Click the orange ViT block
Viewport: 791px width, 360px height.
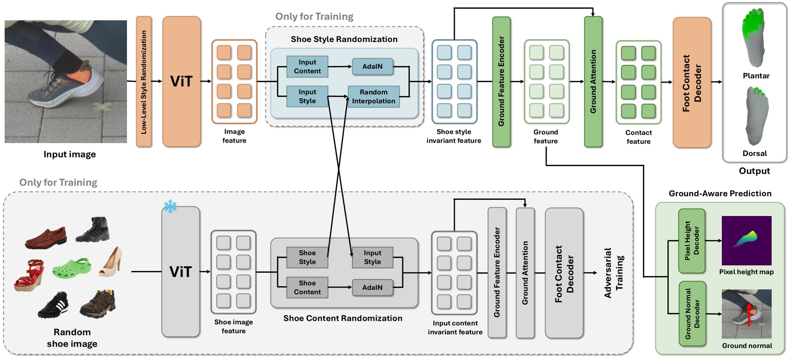(181, 81)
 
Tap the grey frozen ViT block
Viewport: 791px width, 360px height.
(181, 271)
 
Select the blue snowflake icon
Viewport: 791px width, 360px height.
(170, 206)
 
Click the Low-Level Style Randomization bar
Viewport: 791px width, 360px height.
(144, 82)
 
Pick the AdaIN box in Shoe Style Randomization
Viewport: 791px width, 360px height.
(372, 66)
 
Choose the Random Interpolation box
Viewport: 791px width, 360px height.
(374, 96)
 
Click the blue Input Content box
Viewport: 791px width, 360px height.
(307, 66)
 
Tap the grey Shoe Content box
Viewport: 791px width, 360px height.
(307, 287)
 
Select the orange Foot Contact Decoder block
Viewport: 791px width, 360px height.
(692, 82)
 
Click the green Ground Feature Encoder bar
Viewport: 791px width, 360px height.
(502, 82)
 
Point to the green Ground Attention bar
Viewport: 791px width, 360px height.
(593, 82)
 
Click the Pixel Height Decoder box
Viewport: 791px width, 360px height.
(692, 241)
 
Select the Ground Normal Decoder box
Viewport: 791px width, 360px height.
(692, 314)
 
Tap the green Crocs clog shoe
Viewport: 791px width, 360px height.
(72, 267)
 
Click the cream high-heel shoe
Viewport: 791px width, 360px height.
(111, 261)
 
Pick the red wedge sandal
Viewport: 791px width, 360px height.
(30, 275)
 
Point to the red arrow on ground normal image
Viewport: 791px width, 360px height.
(749, 315)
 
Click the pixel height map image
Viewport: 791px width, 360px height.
(747, 240)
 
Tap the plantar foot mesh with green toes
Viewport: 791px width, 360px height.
(754, 37)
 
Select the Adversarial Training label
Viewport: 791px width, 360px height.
(614, 273)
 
